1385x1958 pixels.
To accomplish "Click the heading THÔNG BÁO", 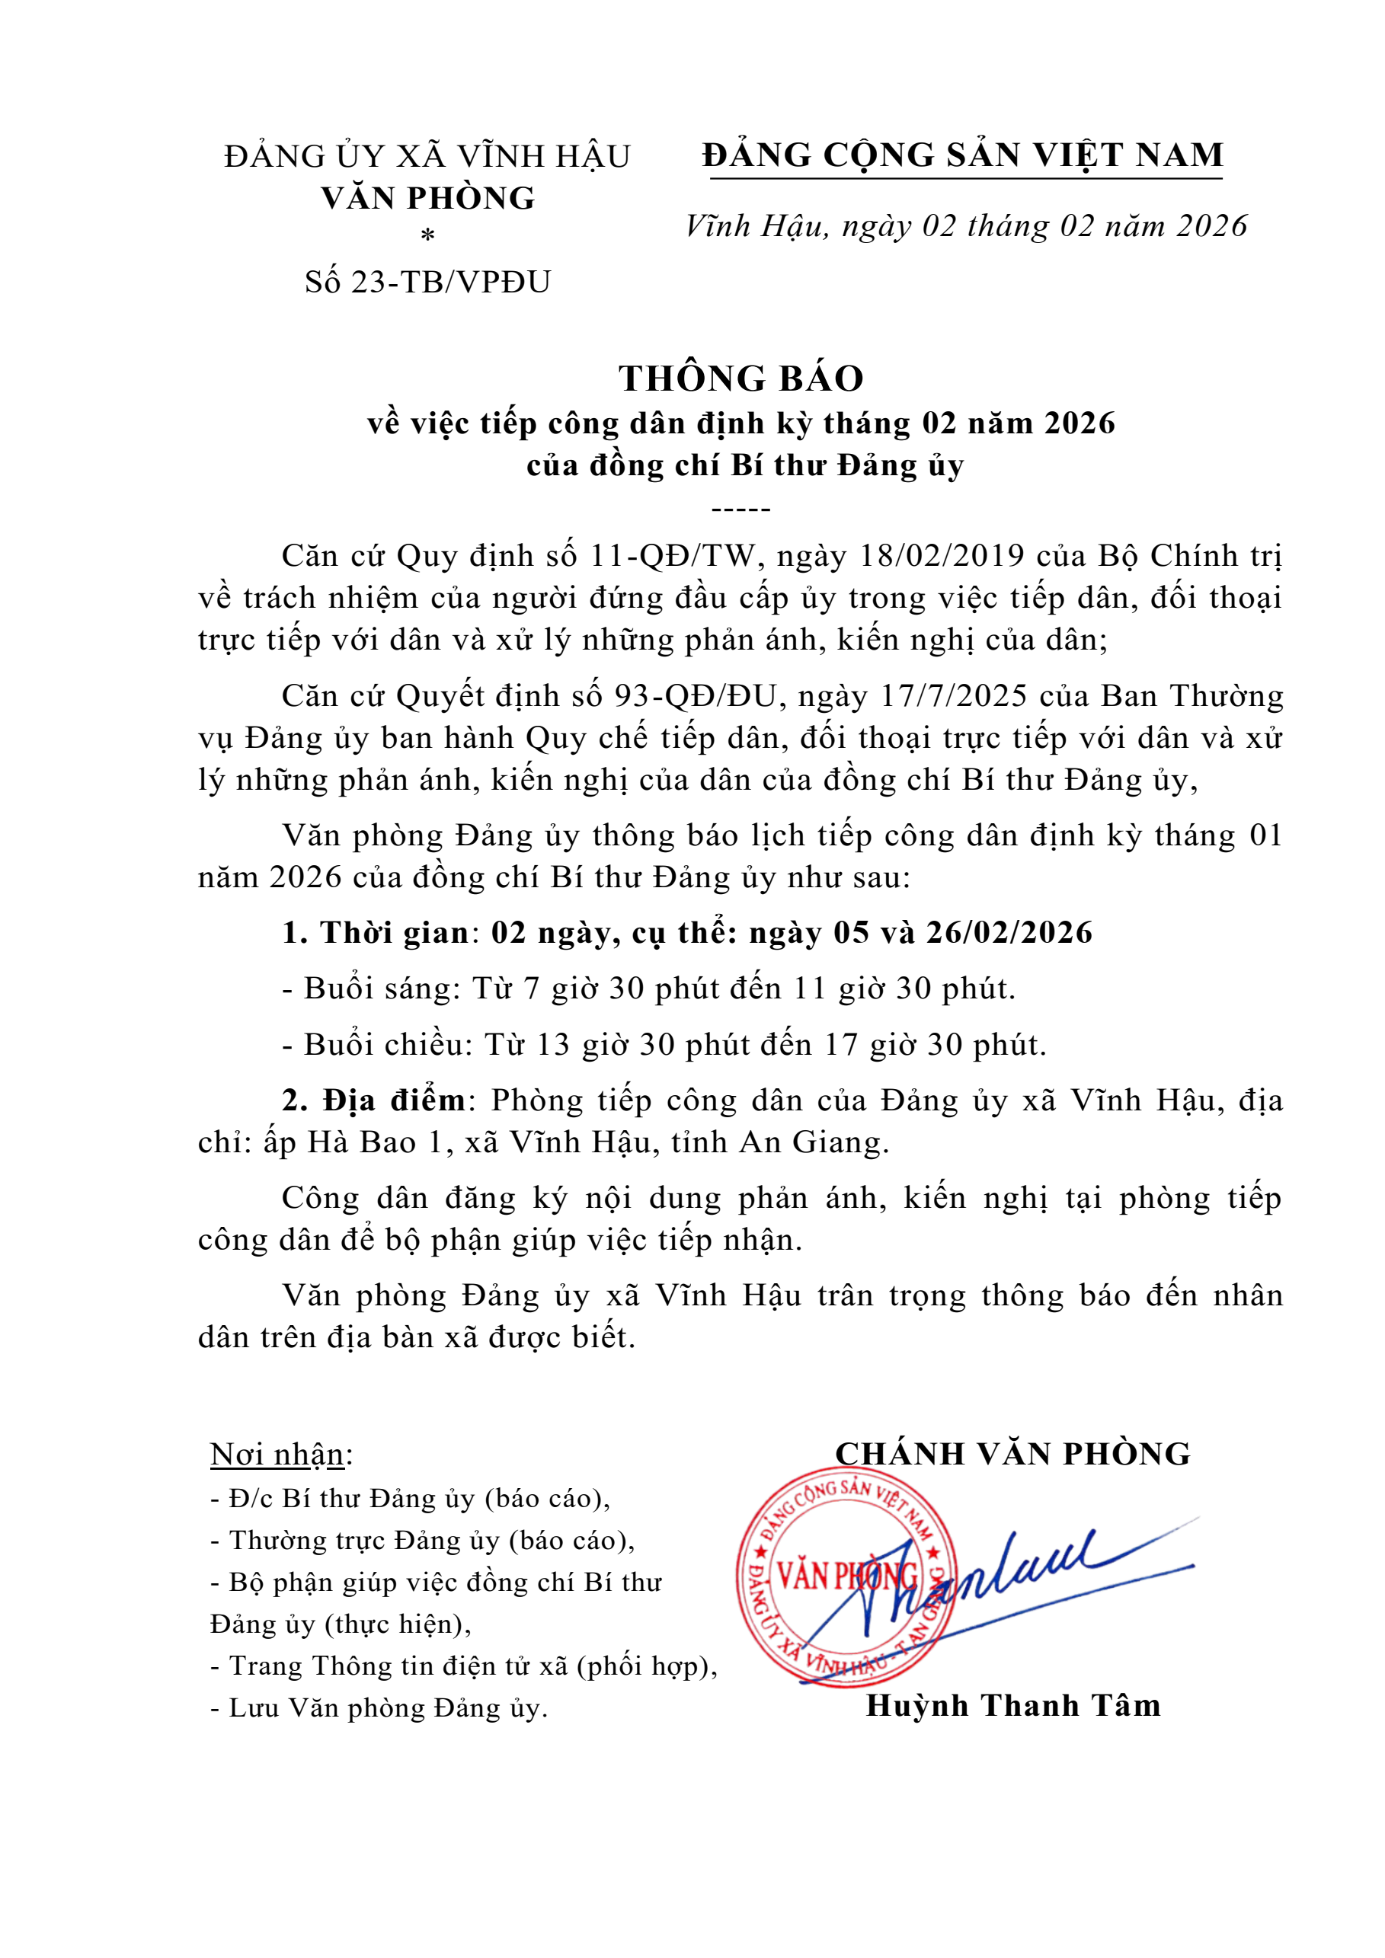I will coord(740,379).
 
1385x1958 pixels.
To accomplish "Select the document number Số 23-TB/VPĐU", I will coord(427,282).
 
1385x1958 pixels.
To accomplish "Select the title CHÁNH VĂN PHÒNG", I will coord(1012,1454).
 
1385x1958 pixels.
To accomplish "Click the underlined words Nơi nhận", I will coord(277,1455).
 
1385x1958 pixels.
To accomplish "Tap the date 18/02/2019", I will coord(942,556).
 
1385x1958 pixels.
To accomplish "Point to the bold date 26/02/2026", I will coord(1009,933).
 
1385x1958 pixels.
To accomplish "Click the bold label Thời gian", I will coord(394,933).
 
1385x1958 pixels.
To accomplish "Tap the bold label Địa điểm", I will coord(394,1101).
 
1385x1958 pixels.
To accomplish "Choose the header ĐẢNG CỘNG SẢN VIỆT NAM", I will coord(963,155).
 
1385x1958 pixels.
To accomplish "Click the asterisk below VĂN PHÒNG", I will coord(428,236).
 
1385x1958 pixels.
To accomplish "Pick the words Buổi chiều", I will coord(388,1046).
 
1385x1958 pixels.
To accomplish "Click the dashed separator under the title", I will coord(740,510).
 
